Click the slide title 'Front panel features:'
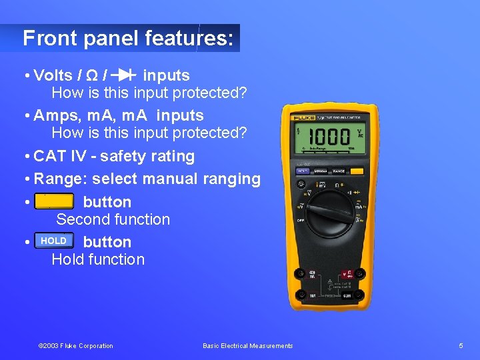coord(128,38)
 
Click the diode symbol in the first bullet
coord(125,75)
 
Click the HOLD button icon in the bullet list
coord(54,241)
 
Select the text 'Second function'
coord(113,219)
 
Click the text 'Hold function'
coord(98,259)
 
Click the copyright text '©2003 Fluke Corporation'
coord(76,346)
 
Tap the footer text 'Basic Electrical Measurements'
coord(247,346)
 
